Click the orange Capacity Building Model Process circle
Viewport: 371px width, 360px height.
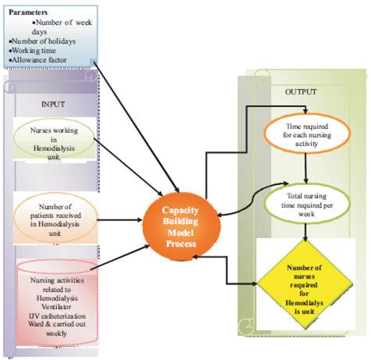pos(181,226)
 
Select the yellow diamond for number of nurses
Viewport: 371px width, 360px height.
pos(305,284)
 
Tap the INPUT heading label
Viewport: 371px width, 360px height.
pos(53,105)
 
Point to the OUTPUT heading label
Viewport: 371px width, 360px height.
pos(301,91)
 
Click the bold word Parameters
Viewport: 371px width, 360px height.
pos(28,12)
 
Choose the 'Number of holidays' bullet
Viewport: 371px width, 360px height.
pos(42,41)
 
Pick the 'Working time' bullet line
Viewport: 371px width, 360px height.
pos(32,51)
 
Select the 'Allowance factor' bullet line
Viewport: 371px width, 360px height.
pos(37,60)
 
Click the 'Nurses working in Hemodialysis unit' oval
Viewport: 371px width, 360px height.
pos(54,139)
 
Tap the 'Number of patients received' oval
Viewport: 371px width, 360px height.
pos(55,218)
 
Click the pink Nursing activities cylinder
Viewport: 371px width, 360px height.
pos(57,302)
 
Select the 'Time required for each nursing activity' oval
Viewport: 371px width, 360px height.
pos(307,134)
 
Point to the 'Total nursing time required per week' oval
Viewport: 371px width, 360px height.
pos(307,204)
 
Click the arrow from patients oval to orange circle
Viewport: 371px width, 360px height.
pos(120,220)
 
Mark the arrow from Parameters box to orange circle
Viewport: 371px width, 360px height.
pos(137,127)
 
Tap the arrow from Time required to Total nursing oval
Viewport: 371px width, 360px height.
pos(306,169)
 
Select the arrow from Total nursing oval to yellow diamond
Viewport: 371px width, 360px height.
pos(305,232)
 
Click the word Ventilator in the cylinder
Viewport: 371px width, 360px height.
pos(56,307)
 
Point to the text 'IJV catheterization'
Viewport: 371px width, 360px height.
pos(57,316)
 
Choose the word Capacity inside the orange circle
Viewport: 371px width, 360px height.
pos(180,210)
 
